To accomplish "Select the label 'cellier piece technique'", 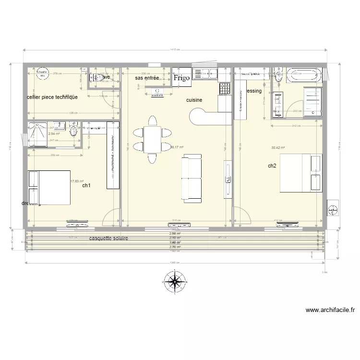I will point(52,97).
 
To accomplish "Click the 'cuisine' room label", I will point(194,100).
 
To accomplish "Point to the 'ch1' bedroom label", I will point(86,185).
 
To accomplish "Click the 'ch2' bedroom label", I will point(272,166).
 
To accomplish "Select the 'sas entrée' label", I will point(147,77).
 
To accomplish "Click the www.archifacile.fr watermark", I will point(330,310).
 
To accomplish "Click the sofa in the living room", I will point(192,178).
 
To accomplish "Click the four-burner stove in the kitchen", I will point(225,88).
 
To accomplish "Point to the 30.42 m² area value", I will point(278,148).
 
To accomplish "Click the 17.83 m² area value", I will point(77,181).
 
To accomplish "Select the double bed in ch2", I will point(300,173).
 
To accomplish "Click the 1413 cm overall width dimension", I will point(174,50).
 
